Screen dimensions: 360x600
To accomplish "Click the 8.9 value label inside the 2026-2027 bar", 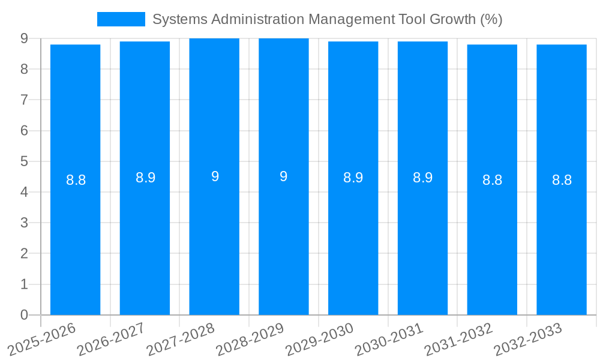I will (x=145, y=178).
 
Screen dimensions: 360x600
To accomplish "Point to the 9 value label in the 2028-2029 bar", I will (x=284, y=176).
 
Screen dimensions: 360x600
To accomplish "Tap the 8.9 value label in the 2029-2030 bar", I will (x=353, y=178).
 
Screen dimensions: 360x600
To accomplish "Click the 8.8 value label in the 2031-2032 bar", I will (x=492, y=180).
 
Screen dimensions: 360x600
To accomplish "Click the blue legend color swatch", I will (x=121, y=19).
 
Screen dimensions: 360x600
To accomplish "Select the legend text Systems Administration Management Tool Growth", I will (x=327, y=19).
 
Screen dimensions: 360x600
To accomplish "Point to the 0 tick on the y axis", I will (x=24, y=315).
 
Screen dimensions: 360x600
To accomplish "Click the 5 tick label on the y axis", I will (x=24, y=161).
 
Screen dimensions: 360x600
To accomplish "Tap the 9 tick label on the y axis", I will (x=24, y=38).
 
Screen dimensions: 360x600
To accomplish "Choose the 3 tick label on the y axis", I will (x=24, y=223).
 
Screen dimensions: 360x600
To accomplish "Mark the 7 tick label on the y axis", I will (x=24, y=100).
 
